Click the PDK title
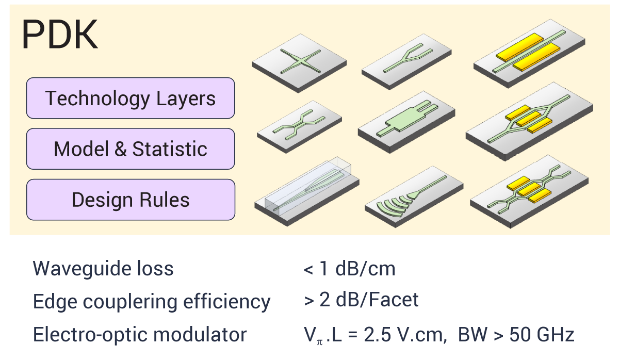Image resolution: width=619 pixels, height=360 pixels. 60,35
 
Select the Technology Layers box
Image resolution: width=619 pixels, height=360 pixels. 131,98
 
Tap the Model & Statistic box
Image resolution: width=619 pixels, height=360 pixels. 131,149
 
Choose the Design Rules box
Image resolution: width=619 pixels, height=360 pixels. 131,200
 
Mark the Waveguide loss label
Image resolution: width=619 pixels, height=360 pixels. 103,269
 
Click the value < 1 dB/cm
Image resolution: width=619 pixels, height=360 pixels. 349,269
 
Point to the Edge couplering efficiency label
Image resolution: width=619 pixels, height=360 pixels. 152,301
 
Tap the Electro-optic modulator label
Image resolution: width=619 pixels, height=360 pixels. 140,335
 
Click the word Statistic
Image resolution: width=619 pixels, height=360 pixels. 170,149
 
